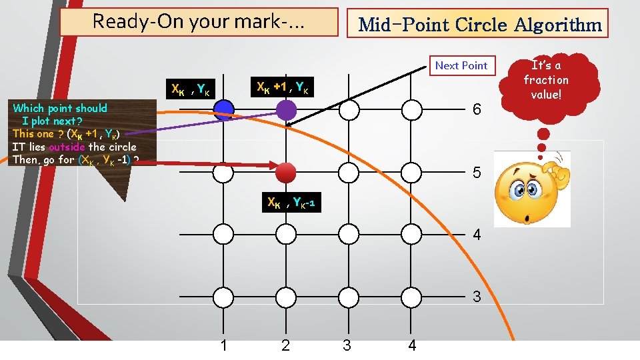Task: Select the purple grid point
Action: [286, 110]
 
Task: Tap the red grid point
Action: [285, 172]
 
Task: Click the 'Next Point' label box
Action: [461, 65]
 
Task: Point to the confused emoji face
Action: [532, 189]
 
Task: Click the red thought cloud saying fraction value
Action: [546, 79]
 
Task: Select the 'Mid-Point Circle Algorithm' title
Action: [479, 25]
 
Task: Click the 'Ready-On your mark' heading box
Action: [198, 21]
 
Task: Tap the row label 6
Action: [476, 110]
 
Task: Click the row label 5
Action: [476, 173]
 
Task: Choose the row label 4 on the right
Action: [476, 235]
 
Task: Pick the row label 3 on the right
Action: [476, 297]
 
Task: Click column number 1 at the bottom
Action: [224, 345]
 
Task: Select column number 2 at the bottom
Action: [286, 345]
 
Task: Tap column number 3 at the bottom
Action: [347, 345]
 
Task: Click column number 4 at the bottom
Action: [412, 345]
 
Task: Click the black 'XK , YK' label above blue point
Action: [191, 89]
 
